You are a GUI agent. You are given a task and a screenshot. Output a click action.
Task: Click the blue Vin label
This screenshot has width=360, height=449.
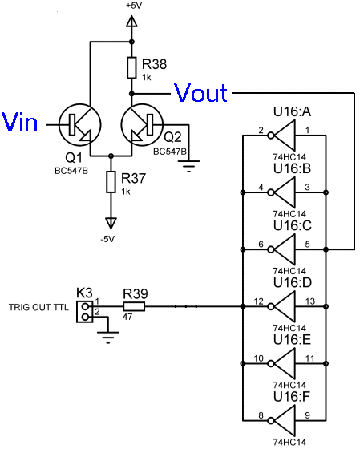pyautogui.click(x=19, y=122)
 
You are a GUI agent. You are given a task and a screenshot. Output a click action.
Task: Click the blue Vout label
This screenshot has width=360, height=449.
pyautogui.click(x=200, y=92)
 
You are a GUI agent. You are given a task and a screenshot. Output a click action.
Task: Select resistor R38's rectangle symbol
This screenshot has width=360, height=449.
pyautogui.click(x=131, y=67)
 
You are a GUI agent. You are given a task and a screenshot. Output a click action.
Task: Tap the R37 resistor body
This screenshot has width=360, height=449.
pyautogui.click(x=111, y=182)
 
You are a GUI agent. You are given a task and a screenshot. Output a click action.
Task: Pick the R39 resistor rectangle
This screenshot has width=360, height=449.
pyautogui.click(x=134, y=306)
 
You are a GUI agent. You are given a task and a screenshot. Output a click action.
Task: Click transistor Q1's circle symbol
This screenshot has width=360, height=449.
pyautogui.click(x=80, y=125)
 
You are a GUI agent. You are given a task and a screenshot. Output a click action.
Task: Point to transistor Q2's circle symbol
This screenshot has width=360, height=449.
pyautogui.click(x=142, y=125)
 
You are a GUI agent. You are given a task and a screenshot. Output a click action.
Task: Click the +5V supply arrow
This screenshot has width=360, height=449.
pyautogui.click(x=131, y=22)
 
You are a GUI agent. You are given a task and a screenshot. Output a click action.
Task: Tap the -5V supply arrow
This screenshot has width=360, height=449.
pyautogui.click(x=111, y=224)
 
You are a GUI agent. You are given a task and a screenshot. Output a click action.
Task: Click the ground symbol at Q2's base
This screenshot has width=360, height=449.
pyautogui.click(x=188, y=166)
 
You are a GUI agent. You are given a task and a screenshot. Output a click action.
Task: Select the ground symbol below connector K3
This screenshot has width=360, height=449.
pyautogui.click(x=108, y=338)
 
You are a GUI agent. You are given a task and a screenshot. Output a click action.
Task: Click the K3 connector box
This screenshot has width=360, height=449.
pyautogui.click(x=85, y=312)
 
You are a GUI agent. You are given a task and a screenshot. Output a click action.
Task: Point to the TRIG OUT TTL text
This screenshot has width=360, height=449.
pyautogui.click(x=38, y=307)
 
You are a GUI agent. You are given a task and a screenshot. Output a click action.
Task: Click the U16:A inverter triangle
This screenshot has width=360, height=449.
pyautogui.click(x=285, y=136)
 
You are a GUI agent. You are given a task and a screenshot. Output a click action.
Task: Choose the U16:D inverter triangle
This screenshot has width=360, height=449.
pyautogui.click(x=285, y=306)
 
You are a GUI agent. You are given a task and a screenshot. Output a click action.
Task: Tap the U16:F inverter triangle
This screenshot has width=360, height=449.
pyautogui.click(x=285, y=420)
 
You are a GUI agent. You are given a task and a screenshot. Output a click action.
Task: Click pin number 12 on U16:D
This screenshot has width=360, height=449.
pyautogui.click(x=259, y=301)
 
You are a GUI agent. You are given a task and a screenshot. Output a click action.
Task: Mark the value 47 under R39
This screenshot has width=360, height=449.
pyautogui.click(x=127, y=317)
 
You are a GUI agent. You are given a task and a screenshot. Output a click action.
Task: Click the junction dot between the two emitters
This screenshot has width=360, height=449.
pyautogui.click(x=111, y=156)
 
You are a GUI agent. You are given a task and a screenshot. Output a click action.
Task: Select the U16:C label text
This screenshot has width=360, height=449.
pyautogui.click(x=292, y=225)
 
